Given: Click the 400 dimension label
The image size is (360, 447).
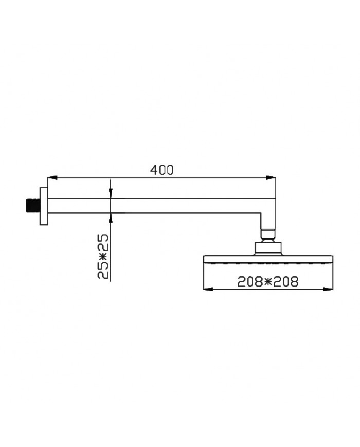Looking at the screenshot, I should [x=162, y=170].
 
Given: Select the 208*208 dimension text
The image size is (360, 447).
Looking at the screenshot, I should [x=268, y=281].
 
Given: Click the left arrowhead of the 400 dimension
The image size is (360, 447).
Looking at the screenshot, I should [x=51, y=178].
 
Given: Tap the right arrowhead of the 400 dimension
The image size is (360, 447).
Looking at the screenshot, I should [x=271, y=178].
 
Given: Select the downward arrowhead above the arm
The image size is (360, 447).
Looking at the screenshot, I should [x=111, y=193].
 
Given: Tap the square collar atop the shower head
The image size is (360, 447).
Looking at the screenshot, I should [x=268, y=248].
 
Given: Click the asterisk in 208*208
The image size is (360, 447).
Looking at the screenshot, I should [x=268, y=281].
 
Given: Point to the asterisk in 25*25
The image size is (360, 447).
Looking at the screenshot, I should [x=103, y=256].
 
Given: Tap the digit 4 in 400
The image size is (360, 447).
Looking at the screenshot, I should [x=153, y=170].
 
